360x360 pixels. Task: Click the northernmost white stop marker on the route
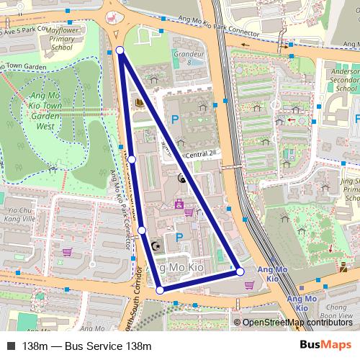pyautogui.click(x=120, y=50)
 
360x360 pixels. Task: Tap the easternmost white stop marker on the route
pyautogui.click(x=240, y=271)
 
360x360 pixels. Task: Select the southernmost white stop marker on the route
pyautogui.click(x=160, y=289)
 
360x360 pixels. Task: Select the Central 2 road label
pyautogui.click(x=199, y=154)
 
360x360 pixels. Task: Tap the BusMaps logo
pyautogui.click(x=325, y=345)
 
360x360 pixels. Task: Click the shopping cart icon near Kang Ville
pyautogui.click(x=68, y=252)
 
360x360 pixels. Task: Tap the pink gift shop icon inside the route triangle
pyautogui.click(x=179, y=204)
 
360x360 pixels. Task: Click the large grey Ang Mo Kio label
pyautogui.click(x=176, y=267)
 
